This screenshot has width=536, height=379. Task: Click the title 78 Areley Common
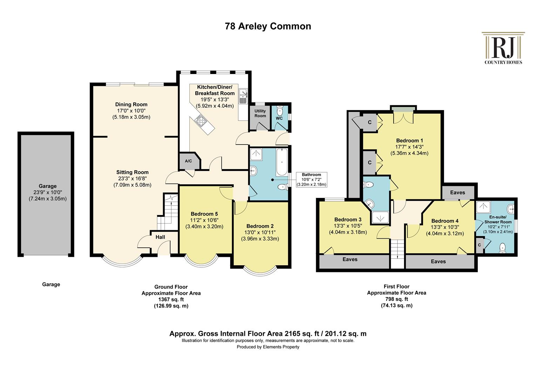(x=268, y=26)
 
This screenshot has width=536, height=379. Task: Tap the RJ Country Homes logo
(x=503, y=48)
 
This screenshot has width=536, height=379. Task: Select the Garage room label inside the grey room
(x=48, y=186)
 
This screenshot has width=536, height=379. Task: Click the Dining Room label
(x=131, y=104)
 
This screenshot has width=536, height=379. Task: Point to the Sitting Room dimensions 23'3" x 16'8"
(x=132, y=178)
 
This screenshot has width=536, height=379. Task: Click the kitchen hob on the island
(x=200, y=120)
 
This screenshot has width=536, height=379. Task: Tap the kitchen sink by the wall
(x=243, y=96)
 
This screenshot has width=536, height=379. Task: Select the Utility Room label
(x=260, y=113)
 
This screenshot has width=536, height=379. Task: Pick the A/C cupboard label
(x=188, y=161)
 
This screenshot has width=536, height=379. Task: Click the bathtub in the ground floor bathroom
(x=282, y=162)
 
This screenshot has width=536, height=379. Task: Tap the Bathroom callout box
(x=311, y=180)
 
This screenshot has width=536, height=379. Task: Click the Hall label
(x=160, y=237)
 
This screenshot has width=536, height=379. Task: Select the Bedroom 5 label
(x=204, y=214)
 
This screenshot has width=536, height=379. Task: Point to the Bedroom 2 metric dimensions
(x=260, y=239)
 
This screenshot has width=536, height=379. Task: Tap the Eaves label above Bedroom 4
(x=457, y=193)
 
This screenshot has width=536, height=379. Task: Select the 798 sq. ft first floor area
(x=396, y=299)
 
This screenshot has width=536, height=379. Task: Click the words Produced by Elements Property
(x=268, y=347)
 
